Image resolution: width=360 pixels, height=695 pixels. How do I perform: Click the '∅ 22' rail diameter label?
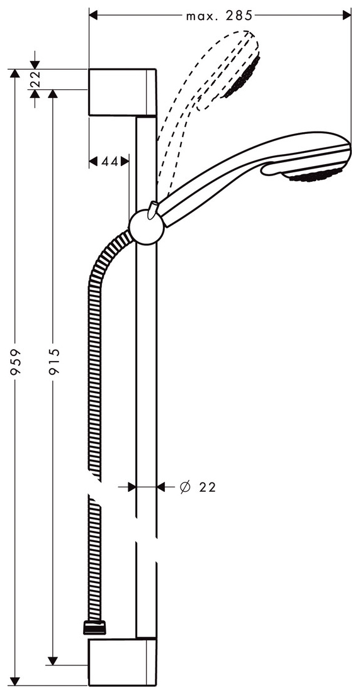[197, 487]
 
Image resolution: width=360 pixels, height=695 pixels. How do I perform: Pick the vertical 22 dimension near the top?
[35, 79]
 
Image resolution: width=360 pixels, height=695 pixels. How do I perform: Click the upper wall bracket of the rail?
[122, 92]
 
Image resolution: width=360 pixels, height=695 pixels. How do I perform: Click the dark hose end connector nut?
[94, 626]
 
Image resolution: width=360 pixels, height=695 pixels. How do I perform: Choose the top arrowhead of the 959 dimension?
[15, 73]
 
